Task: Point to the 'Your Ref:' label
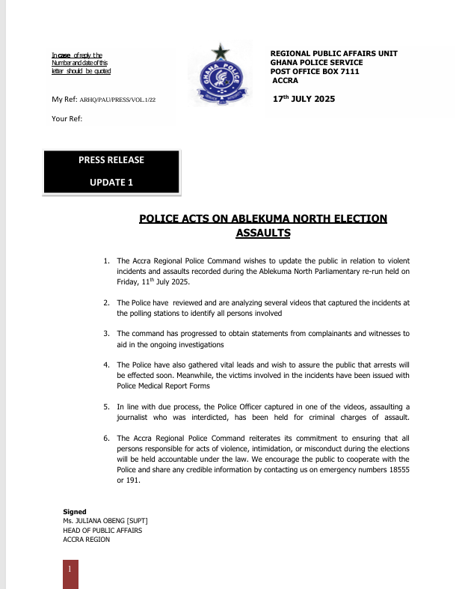tap(67, 118)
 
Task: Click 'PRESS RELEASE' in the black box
tap(111, 160)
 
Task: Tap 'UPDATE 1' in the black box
tap(111, 182)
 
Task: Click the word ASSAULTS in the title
tap(263, 234)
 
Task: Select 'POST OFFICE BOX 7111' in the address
tap(315, 72)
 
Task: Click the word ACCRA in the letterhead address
tap(286, 81)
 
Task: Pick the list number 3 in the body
tap(106, 333)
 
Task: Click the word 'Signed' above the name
tap(75, 512)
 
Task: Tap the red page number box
tap(70, 572)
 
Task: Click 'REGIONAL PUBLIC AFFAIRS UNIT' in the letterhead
tap(333, 53)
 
